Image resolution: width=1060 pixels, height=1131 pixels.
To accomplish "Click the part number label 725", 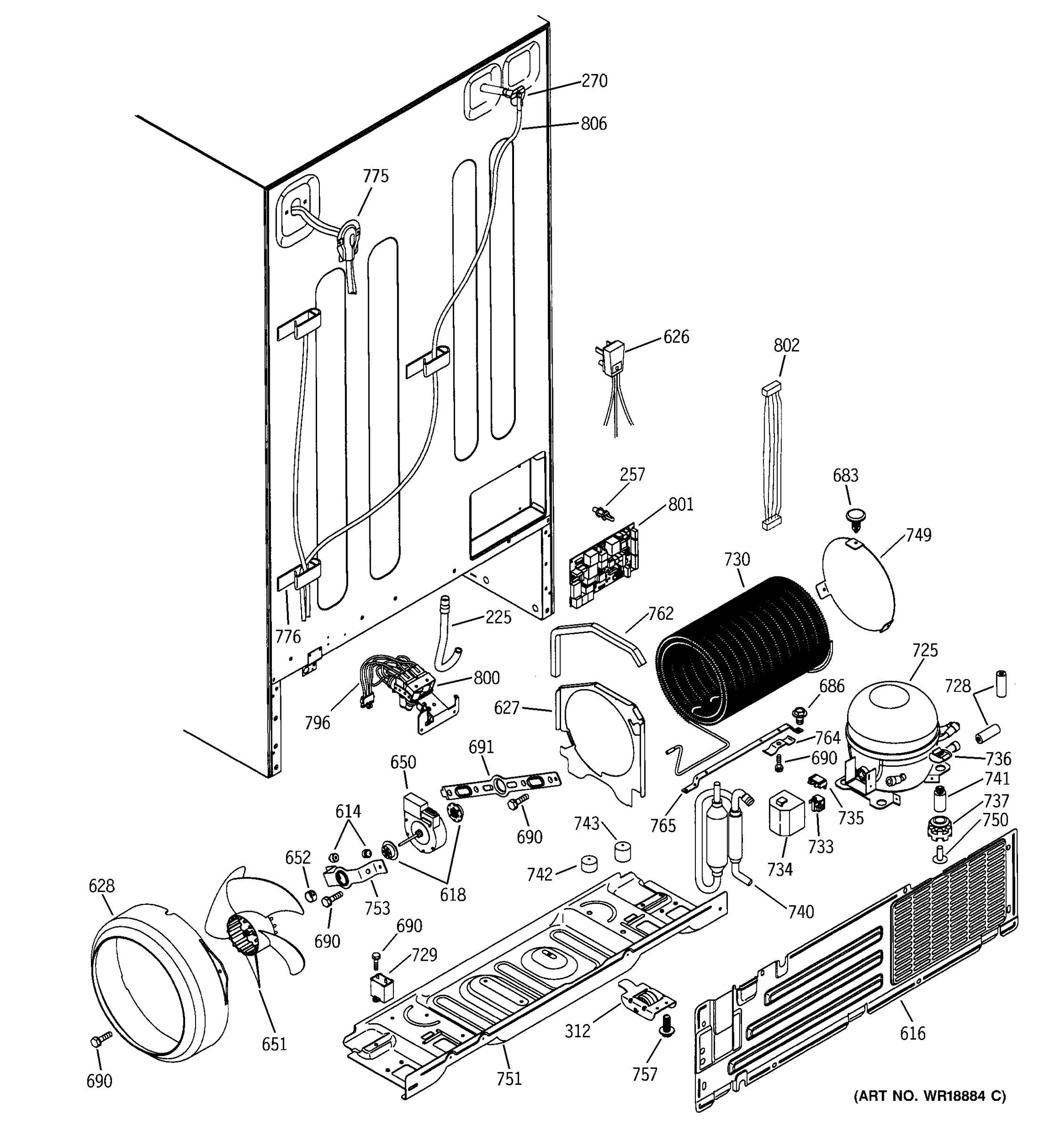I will tap(925, 650).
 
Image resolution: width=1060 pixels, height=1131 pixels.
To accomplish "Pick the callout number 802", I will tap(786, 345).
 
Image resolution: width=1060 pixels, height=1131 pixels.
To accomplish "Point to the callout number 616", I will tap(912, 1033).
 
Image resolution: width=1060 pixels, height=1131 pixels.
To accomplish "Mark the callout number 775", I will tap(375, 176).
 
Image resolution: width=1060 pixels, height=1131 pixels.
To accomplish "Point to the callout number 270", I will tap(594, 81).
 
